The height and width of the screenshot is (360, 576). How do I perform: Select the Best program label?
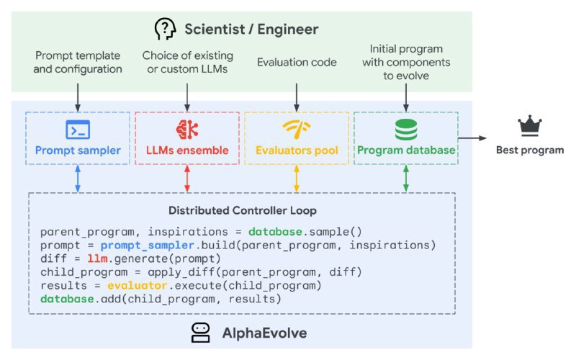(530, 150)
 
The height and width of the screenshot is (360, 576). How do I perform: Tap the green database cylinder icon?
(406, 130)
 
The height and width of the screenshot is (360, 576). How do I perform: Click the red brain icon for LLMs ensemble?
(186, 130)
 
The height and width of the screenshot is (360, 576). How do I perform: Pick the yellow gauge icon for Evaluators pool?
(297, 129)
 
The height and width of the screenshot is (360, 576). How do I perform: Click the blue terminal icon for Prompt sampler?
(77, 130)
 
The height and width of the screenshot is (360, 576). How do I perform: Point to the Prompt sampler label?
(77, 150)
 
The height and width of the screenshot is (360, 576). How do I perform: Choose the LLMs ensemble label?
(187, 150)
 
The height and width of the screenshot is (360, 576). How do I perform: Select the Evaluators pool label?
(297, 150)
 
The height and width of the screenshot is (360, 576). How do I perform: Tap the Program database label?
(406, 150)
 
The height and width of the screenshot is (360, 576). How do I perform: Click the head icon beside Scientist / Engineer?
(166, 30)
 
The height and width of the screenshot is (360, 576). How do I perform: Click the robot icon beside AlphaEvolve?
(200, 332)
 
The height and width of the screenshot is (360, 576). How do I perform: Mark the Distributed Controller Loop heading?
(242, 211)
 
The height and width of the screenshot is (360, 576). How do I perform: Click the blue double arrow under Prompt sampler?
(77, 178)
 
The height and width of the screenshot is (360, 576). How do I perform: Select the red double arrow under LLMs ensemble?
(187, 178)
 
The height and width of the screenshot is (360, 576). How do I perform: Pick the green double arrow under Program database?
(406, 178)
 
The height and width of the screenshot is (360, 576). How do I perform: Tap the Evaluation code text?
(297, 63)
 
